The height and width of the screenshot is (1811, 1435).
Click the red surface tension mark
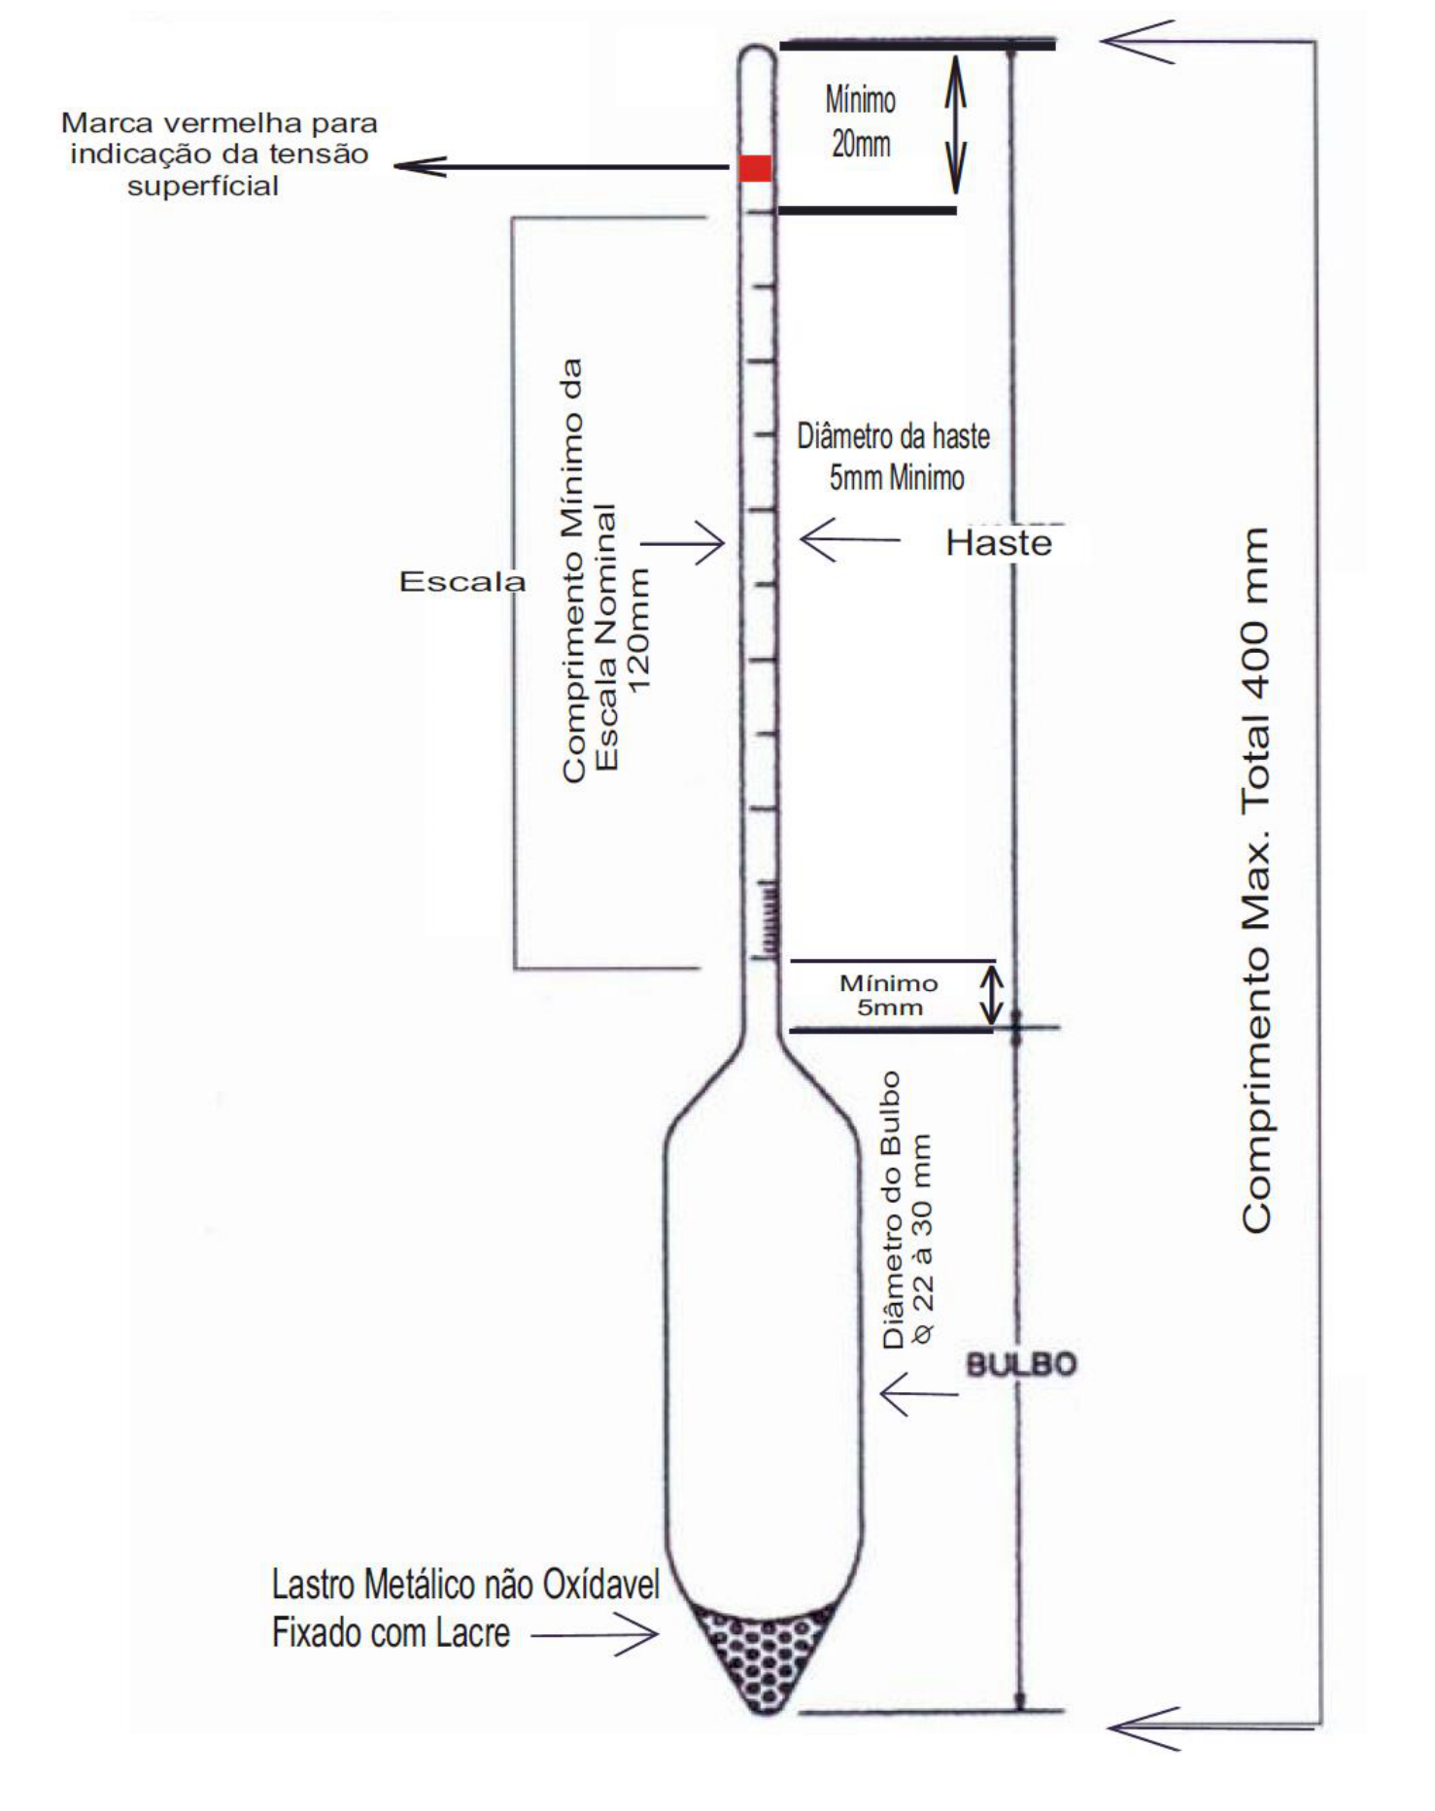point(755,167)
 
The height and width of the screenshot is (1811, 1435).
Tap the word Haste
point(999,542)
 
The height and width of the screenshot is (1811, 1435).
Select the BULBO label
point(1021,1364)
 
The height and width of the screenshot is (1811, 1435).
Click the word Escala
point(462,581)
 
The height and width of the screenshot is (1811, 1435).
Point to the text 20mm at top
point(861,145)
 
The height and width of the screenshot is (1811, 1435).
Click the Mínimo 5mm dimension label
point(889,995)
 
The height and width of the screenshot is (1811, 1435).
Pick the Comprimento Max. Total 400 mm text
point(1256,880)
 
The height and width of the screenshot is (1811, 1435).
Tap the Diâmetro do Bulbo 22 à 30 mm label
point(906,1210)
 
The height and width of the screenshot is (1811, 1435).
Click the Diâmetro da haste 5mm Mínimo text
point(894,457)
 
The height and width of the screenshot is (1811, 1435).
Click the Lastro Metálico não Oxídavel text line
point(465,1585)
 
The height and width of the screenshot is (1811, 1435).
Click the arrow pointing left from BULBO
point(919,1394)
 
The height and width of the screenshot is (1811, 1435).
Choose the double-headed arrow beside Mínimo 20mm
point(956,124)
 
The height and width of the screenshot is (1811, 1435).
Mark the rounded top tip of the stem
point(757,48)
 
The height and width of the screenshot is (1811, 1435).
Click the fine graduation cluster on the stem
point(769,919)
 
